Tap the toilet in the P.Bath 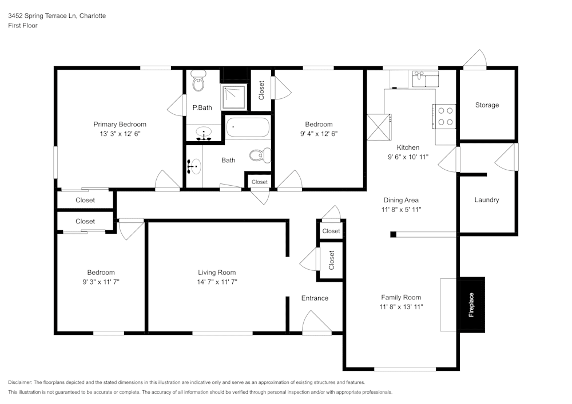pos(198,82)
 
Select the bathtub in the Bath pos(247,127)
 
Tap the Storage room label pos(487,105)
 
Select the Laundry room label pos(487,200)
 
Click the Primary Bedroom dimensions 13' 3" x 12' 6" pos(120,134)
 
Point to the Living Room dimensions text pos(217,282)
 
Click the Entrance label pos(315,298)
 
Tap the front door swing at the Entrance pos(316,322)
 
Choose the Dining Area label pos(401,200)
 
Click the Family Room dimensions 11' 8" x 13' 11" pos(401,306)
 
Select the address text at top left pos(57,16)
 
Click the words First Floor pos(23,26)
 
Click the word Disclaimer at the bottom pos(21,382)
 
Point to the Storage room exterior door pos(475,60)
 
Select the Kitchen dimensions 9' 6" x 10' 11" pos(408,157)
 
